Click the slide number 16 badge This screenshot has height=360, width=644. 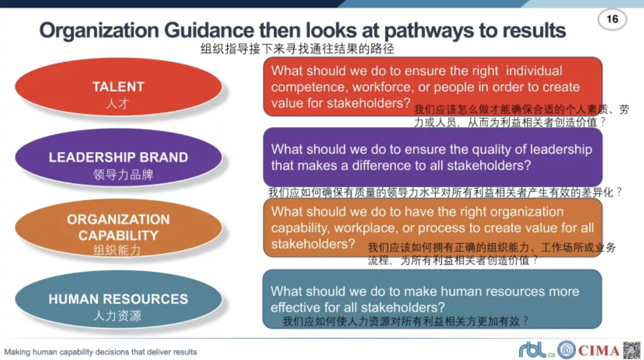point(612,20)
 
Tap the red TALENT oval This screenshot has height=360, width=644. point(118,87)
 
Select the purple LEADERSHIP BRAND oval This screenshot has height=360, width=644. point(118,157)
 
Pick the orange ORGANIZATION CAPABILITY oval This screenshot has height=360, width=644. point(118,228)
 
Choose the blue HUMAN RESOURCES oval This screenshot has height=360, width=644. point(118,299)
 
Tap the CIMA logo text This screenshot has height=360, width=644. point(599,351)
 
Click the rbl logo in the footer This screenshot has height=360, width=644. point(537,350)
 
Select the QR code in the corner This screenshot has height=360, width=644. point(631,350)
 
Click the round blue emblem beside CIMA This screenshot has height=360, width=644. point(566,349)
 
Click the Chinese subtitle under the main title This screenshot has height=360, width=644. point(297,49)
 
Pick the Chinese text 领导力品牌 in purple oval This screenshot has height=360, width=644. point(123,174)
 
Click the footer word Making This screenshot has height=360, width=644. point(17,352)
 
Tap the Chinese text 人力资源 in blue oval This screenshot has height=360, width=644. point(117,316)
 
